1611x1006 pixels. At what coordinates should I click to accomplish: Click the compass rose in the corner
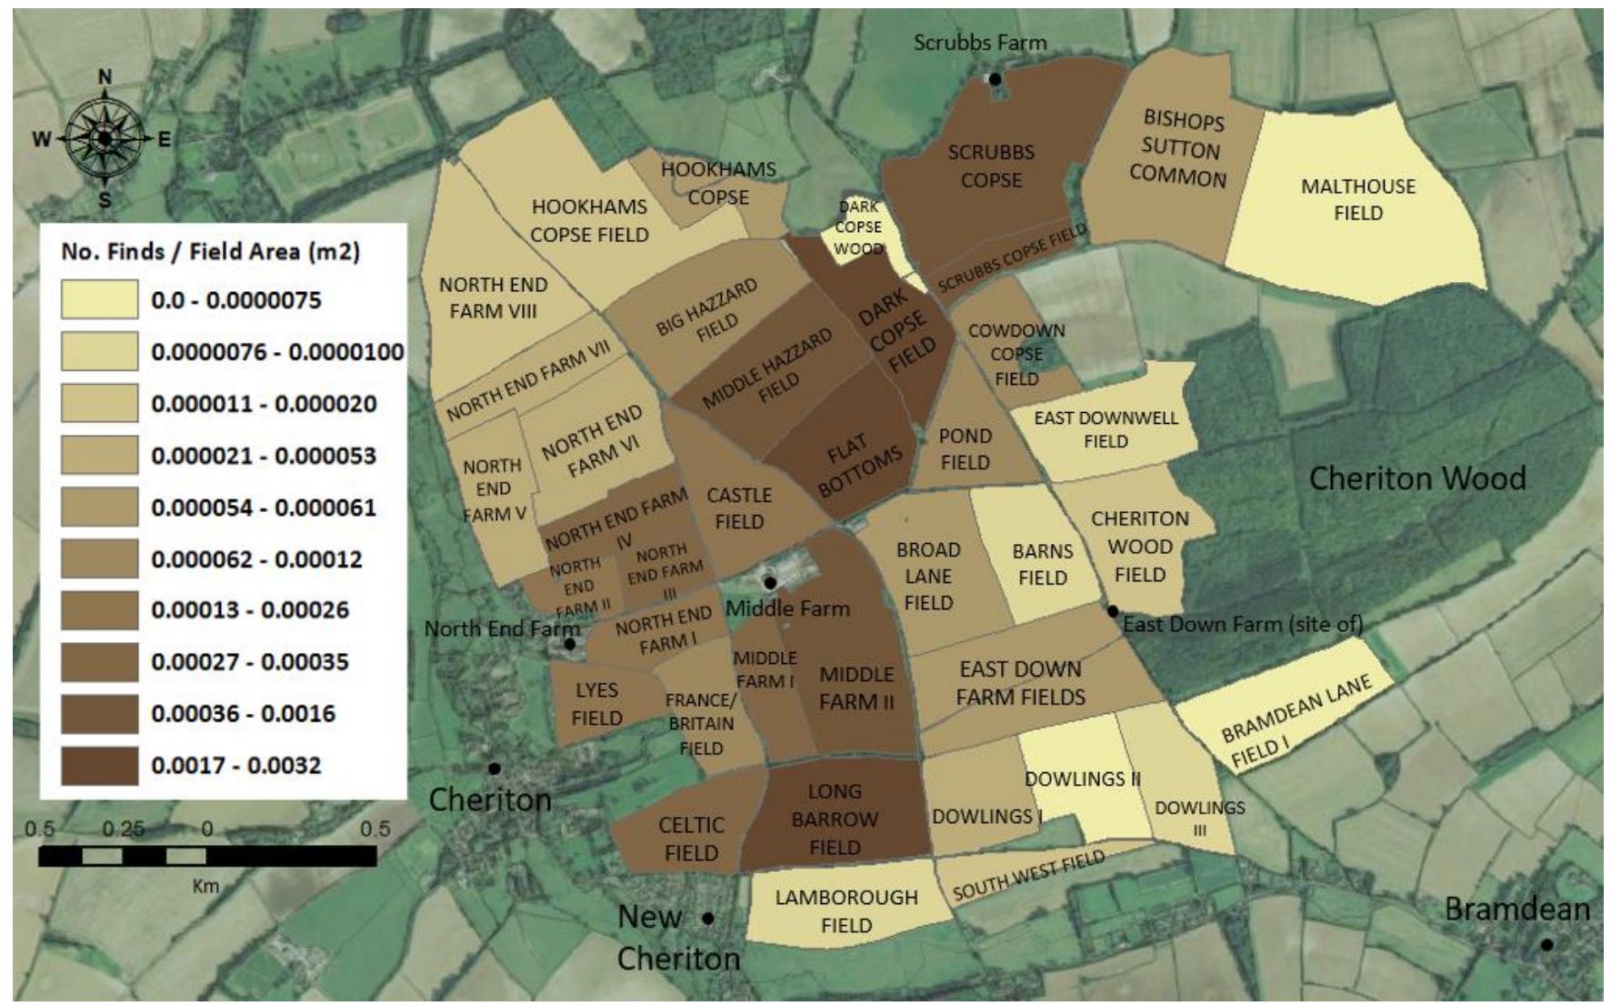(x=105, y=138)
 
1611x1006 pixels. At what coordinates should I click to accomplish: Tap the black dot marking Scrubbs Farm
(x=995, y=79)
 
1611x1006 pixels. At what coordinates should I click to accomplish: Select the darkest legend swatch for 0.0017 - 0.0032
(x=99, y=765)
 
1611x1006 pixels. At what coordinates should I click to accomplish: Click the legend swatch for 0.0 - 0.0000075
(x=99, y=299)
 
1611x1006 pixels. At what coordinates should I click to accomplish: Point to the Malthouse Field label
(x=1357, y=199)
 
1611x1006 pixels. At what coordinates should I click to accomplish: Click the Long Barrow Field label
(x=835, y=819)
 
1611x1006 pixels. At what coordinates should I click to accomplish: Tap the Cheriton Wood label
(x=1416, y=478)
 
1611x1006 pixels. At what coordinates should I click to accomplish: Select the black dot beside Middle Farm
(x=770, y=582)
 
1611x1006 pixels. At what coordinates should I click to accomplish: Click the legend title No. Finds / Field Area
(x=210, y=251)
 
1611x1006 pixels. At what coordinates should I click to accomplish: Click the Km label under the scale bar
(x=205, y=885)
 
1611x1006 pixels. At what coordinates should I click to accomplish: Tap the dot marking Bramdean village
(x=1546, y=945)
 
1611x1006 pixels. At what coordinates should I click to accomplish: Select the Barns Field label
(x=1042, y=564)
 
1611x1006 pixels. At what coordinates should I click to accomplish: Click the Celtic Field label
(x=691, y=839)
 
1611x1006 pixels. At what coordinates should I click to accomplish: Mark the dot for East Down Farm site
(x=1112, y=611)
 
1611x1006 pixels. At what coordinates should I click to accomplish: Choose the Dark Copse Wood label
(x=858, y=227)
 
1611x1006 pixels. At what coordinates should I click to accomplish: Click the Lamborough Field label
(x=846, y=910)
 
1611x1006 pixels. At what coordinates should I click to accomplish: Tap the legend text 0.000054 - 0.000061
(x=264, y=508)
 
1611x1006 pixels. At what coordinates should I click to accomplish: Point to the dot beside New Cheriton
(x=708, y=919)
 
